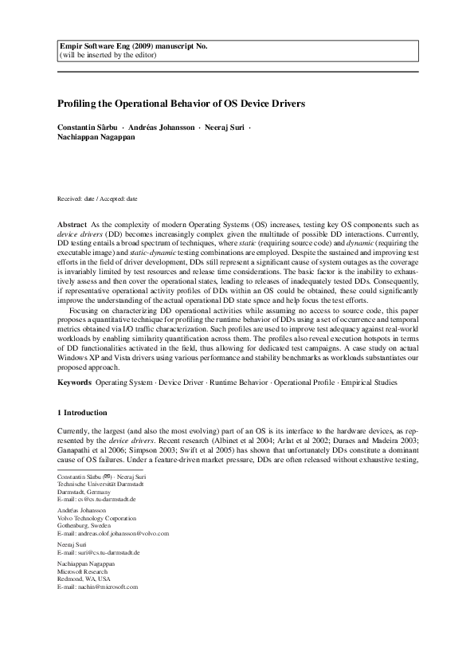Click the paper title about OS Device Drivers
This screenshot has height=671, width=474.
coord(182,104)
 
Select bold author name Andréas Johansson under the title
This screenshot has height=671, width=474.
coord(160,128)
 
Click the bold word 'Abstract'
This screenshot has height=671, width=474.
coord(73,227)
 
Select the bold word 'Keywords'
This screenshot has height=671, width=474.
coord(76,383)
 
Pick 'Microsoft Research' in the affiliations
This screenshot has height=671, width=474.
coord(84,571)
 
